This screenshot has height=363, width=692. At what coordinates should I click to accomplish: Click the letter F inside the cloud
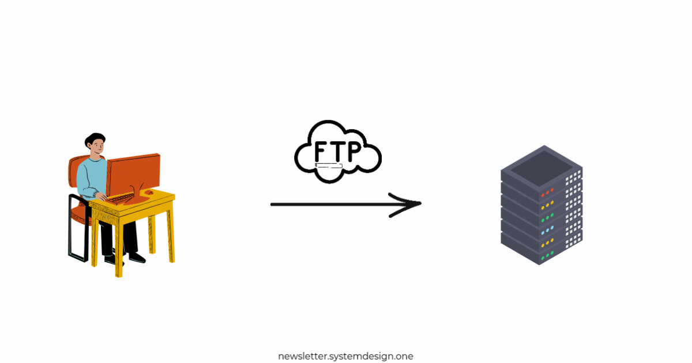(x=322, y=151)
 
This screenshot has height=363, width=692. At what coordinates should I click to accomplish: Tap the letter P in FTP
(x=353, y=151)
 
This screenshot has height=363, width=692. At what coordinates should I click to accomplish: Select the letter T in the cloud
(x=338, y=151)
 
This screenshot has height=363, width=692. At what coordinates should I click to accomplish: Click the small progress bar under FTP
(x=329, y=166)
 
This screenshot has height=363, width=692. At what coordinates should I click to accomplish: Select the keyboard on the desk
(x=122, y=199)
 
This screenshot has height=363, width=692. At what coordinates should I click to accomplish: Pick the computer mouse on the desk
(x=149, y=192)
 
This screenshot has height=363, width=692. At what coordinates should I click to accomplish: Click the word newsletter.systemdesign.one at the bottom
(x=345, y=356)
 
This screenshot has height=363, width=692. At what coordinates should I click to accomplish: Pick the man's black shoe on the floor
(x=136, y=258)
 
